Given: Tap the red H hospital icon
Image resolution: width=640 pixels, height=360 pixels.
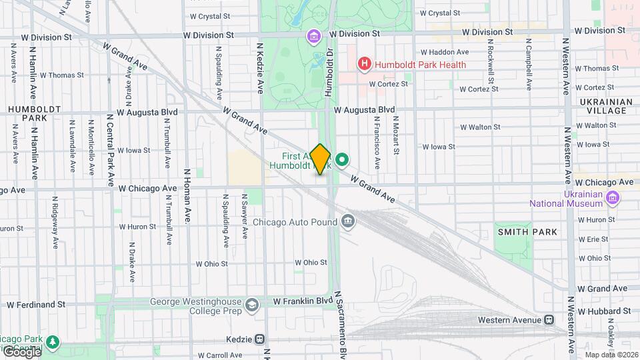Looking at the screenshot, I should tap(364, 65).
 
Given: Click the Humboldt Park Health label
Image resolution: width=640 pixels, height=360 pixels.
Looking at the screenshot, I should tap(419, 65).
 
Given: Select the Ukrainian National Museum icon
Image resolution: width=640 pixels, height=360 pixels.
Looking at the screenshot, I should tap(613, 197).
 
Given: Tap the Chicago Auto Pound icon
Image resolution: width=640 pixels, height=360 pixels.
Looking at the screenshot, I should tap(347, 221).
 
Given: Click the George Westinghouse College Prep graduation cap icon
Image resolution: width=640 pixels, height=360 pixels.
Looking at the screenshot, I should tap(252, 305).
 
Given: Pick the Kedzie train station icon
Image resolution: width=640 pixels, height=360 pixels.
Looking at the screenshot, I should tap(260, 339).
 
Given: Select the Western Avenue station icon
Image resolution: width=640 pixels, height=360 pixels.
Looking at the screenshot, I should tap(549, 320).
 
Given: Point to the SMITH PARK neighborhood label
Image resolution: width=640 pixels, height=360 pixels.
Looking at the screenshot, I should tap(527, 231).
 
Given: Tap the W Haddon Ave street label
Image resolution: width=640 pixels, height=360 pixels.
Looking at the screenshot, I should tap(445, 52).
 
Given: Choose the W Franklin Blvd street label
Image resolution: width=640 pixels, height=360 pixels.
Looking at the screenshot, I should tap(303, 301).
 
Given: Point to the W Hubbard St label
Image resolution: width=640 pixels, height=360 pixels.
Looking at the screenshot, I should tap(604, 311).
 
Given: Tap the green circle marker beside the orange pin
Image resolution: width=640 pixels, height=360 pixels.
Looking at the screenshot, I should tap(343, 159).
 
